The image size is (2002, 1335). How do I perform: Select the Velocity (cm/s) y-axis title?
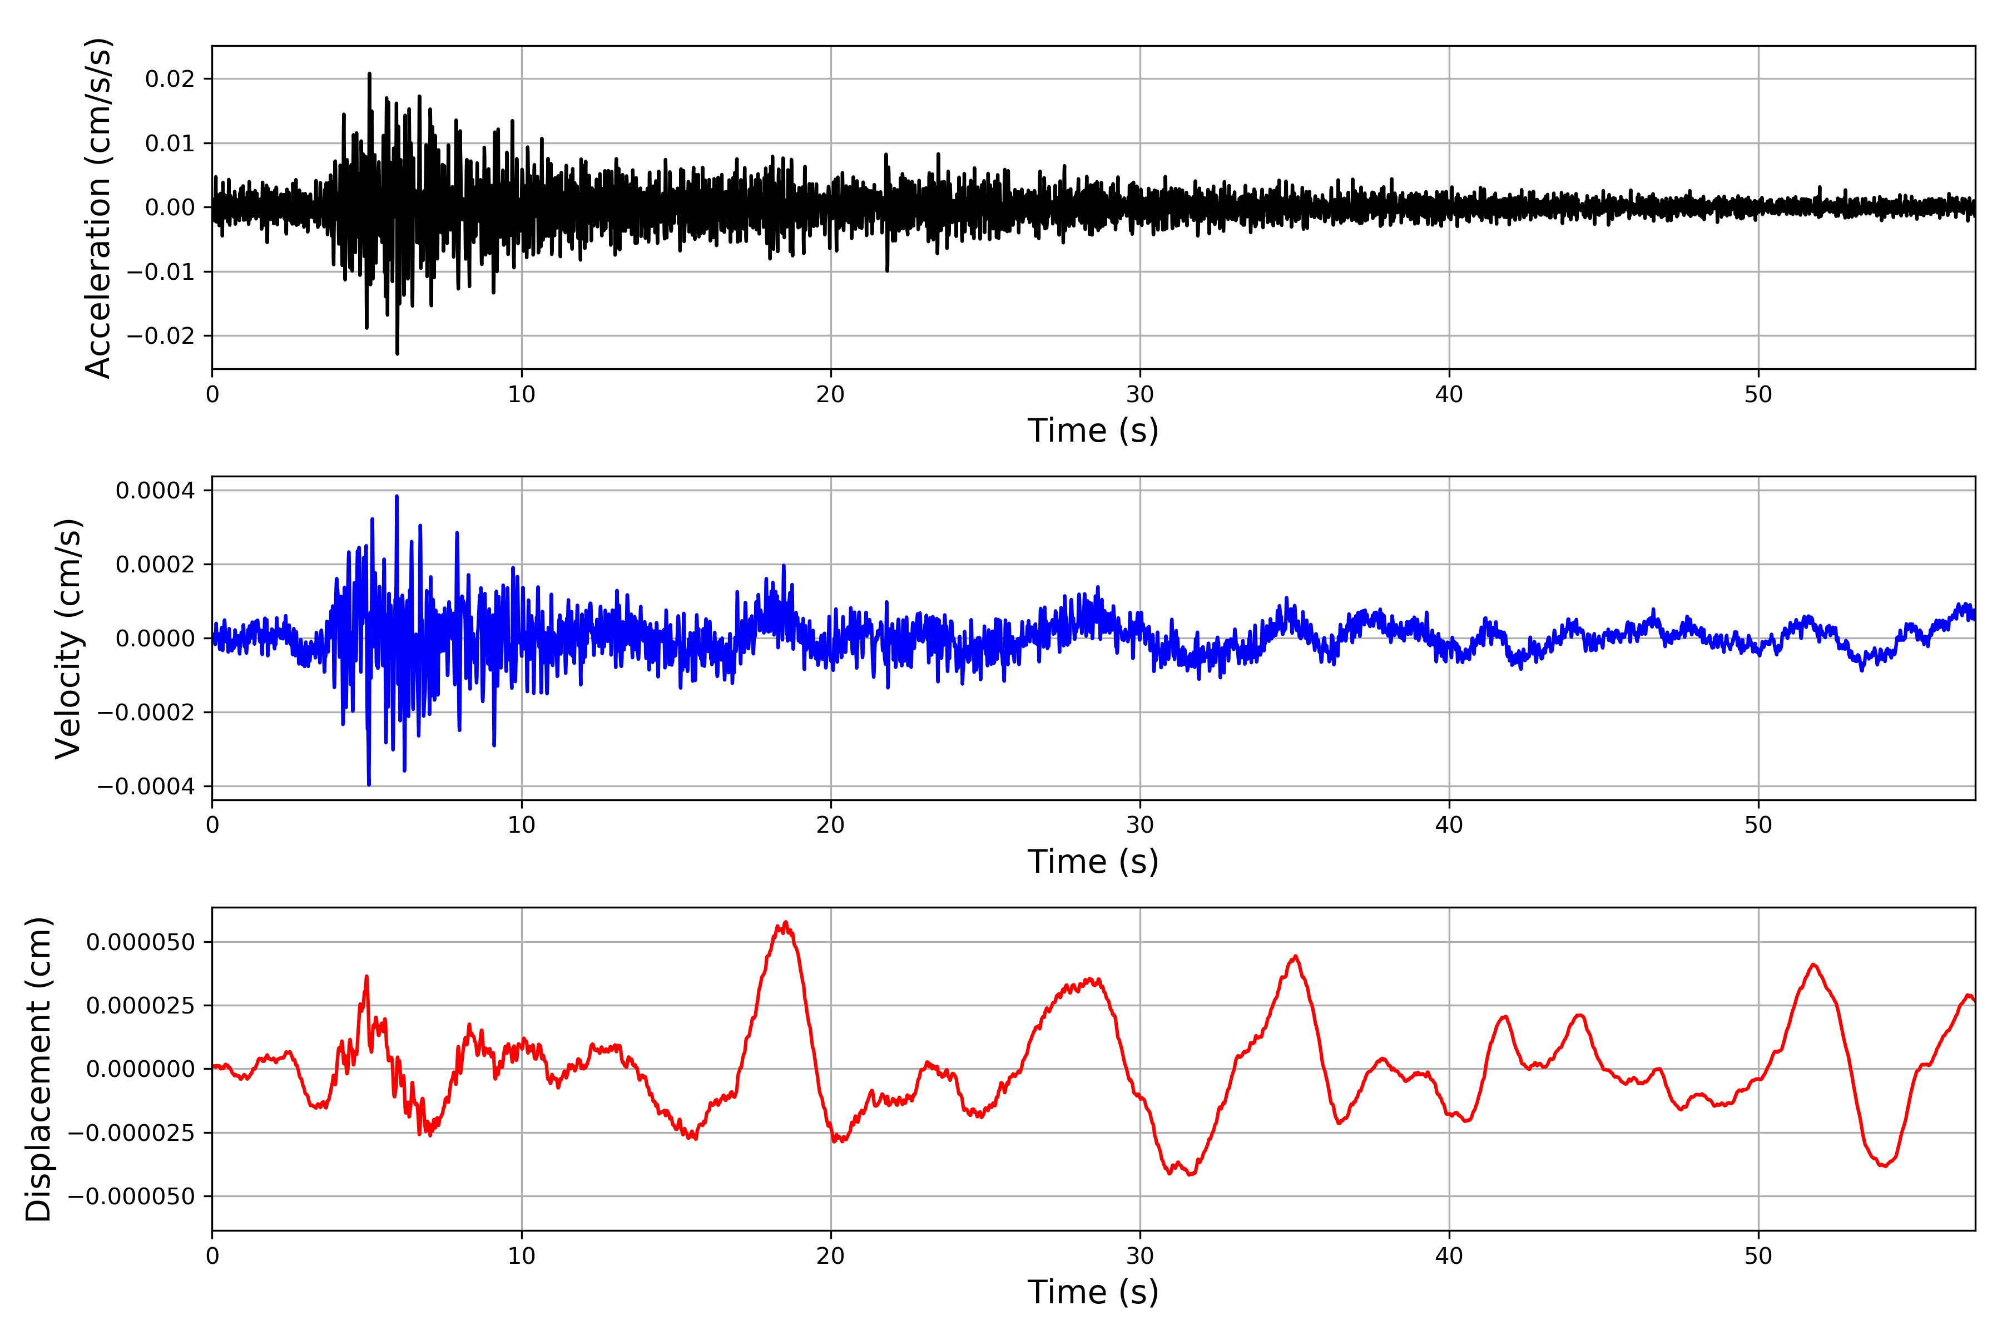click(x=68, y=639)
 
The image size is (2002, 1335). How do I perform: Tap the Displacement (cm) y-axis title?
click(x=38, y=1069)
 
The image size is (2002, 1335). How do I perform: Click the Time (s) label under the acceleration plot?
click(x=1093, y=431)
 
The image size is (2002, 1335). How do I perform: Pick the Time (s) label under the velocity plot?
click(x=1093, y=862)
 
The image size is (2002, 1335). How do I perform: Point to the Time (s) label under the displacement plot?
click(x=1093, y=1292)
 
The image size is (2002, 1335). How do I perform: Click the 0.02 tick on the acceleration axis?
click(x=170, y=79)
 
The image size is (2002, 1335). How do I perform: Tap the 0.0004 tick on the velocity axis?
click(x=155, y=491)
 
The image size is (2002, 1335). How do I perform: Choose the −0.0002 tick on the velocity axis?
click(x=146, y=713)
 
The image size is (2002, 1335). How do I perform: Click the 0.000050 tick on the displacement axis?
click(x=141, y=942)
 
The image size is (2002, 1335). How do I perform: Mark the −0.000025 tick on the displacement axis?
click(x=131, y=1133)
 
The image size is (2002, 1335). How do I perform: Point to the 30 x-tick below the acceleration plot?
click(x=1139, y=395)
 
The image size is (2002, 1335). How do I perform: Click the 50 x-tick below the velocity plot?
click(x=1758, y=825)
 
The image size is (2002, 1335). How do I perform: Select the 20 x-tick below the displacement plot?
click(x=831, y=1256)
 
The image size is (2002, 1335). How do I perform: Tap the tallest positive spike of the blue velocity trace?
click(x=397, y=496)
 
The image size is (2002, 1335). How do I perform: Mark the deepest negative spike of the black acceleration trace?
click(x=398, y=353)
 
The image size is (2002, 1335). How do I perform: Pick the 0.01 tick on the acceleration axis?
click(x=170, y=143)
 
